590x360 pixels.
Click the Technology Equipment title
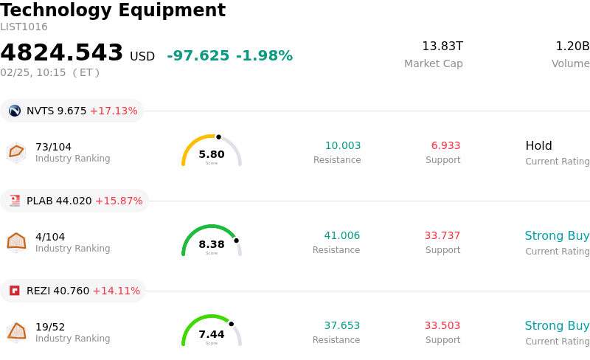tap(113, 10)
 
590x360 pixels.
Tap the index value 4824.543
tap(62, 53)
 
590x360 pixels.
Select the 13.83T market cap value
tap(442, 46)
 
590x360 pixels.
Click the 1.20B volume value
tap(572, 46)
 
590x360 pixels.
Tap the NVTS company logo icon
tap(15, 111)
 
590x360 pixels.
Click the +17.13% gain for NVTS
tap(114, 111)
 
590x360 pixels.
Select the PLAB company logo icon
tap(15, 201)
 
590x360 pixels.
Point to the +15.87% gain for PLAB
tap(119, 201)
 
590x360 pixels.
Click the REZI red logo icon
tap(15, 291)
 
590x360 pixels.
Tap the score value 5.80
tap(212, 154)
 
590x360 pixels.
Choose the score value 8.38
tap(212, 244)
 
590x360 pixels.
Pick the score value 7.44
tap(212, 334)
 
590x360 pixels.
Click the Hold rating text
tap(538, 146)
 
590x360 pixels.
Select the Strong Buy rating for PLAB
tap(557, 236)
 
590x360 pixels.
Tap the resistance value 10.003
tap(343, 146)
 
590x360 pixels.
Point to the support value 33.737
tap(442, 236)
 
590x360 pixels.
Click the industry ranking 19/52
tap(50, 327)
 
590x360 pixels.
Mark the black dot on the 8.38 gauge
tap(236, 240)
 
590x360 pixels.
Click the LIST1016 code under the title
tap(24, 27)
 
